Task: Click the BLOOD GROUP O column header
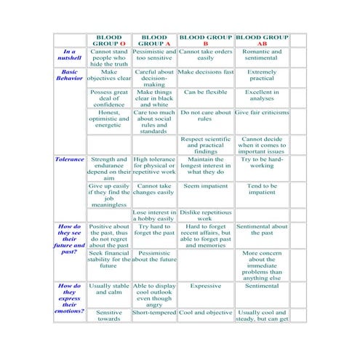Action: tap(109, 40)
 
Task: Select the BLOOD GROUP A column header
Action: tap(154, 40)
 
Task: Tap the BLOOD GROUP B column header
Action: tap(205, 40)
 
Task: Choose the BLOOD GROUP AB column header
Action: tap(262, 40)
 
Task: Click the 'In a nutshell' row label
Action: tap(69, 56)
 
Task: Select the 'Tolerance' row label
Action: tap(70, 159)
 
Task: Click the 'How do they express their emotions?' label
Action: tap(69, 298)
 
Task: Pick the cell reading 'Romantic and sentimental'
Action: tap(262, 56)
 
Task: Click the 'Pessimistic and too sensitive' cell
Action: tap(154, 56)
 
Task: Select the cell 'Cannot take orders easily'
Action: tap(205, 56)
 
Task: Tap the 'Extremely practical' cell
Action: tap(262, 76)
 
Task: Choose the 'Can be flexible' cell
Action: tap(205, 93)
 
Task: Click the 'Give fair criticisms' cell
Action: tap(262, 113)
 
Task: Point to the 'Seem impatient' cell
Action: tap(205, 186)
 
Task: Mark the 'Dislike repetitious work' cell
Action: tap(205, 215)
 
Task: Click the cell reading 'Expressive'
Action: tap(205, 287)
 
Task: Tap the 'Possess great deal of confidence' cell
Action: tap(109, 98)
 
